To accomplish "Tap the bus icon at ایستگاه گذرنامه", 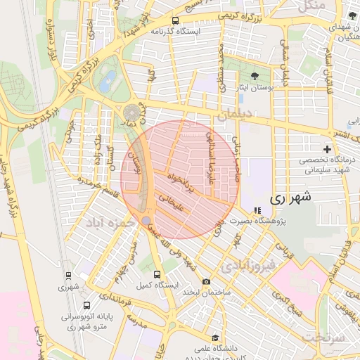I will (174, 21).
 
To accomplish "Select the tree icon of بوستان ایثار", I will (254, 76).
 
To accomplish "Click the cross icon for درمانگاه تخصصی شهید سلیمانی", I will (327, 149).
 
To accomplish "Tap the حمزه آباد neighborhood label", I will (109, 222).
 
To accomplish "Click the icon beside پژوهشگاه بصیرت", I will (257, 210).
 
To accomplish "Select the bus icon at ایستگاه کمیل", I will (156, 274).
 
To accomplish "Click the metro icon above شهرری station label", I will (69, 275).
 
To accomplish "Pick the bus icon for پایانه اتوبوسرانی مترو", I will (86, 306).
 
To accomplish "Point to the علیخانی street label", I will (172, 203).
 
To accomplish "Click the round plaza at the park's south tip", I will (131, 112).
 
